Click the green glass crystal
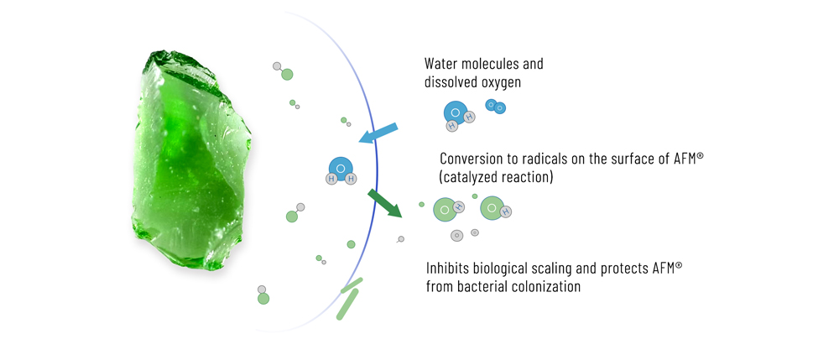click(190, 160)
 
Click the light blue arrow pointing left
click(378, 133)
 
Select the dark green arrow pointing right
click(385, 203)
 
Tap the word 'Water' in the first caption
click(440, 64)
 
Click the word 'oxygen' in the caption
click(501, 83)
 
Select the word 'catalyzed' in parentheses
click(467, 178)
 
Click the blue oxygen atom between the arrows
click(340, 167)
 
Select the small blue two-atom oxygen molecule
click(496, 107)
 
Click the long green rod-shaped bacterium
click(347, 304)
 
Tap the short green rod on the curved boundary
click(352, 285)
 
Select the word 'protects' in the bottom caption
click(622, 268)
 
